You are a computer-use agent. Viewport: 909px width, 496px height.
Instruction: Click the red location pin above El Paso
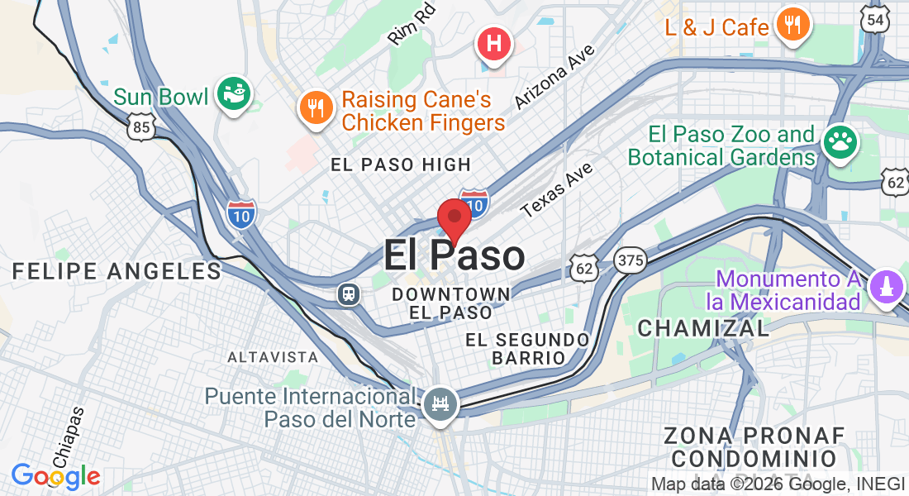[x=454, y=218]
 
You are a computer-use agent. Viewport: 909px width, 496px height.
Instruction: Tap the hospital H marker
[x=494, y=42]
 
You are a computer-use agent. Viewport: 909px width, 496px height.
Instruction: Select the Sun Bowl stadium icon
[x=234, y=96]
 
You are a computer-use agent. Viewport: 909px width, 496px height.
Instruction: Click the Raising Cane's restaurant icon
[x=315, y=107]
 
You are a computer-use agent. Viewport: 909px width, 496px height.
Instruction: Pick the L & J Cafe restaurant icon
[x=792, y=25]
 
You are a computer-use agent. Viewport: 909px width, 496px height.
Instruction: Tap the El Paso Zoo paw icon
[x=840, y=142]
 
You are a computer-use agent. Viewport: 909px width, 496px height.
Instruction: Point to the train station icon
[x=348, y=293]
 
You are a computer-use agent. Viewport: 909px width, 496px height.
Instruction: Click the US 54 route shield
[x=875, y=18]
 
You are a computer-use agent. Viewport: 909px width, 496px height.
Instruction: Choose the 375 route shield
[x=630, y=261]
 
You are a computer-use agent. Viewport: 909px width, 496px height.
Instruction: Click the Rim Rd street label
[x=410, y=30]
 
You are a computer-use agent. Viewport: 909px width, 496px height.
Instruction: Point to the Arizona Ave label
[x=554, y=76]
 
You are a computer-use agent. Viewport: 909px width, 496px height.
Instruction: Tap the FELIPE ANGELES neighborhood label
[x=117, y=271]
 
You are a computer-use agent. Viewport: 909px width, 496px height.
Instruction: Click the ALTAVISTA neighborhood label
[x=273, y=357]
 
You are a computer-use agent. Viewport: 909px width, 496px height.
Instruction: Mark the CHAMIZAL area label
[x=703, y=327]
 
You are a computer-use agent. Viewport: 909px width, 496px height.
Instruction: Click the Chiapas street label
[x=69, y=436]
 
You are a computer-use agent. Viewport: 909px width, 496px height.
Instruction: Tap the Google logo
[x=55, y=476]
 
